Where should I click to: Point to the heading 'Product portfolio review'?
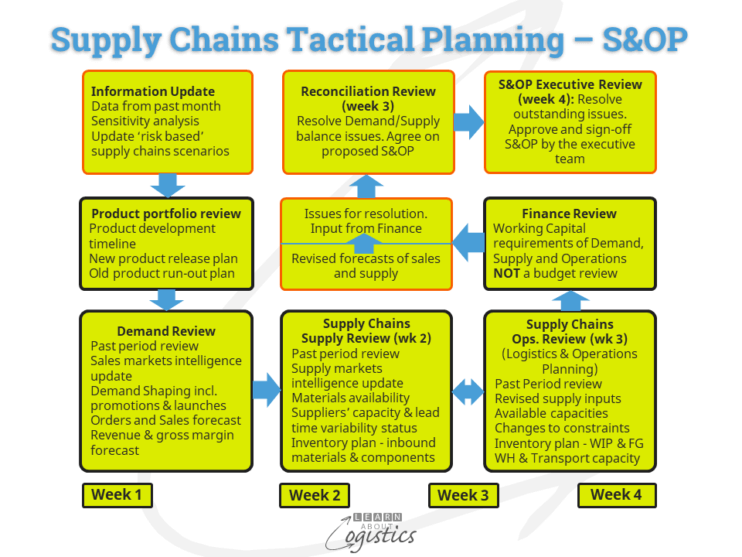[x=166, y=213]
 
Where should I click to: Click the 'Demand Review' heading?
[x=165, y=331]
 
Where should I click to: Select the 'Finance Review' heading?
[x=569, y=213]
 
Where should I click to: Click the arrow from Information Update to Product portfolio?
[x=169, y=185]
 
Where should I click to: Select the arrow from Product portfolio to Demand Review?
[x=169, y=298]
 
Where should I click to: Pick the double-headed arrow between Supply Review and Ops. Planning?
[x=468, y=391]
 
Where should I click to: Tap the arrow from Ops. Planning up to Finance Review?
[x=570, y=299]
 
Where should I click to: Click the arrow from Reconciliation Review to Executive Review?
[x=468, y=121]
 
